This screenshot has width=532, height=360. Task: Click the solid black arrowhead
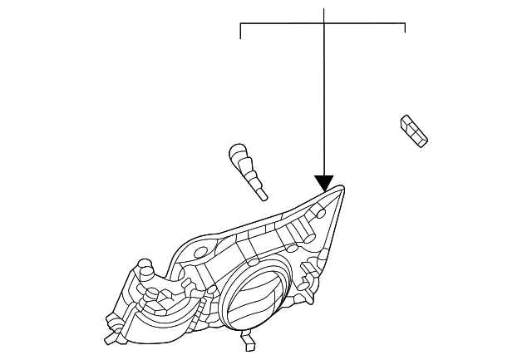point(324,183)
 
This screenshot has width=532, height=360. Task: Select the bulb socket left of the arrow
point(248,170)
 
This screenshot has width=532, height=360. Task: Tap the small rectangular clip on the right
point(413,131)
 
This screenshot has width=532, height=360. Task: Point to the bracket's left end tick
point(240,32)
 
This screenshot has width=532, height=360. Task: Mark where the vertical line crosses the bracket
point(324,24)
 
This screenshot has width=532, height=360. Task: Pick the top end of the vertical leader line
point(324,8)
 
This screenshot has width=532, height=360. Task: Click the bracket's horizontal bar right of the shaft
point(366,24)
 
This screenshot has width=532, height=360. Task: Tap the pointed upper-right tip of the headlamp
point(342,190)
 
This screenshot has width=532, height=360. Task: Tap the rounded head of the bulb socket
point(236,154)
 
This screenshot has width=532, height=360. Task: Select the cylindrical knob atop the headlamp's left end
point(144,268)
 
